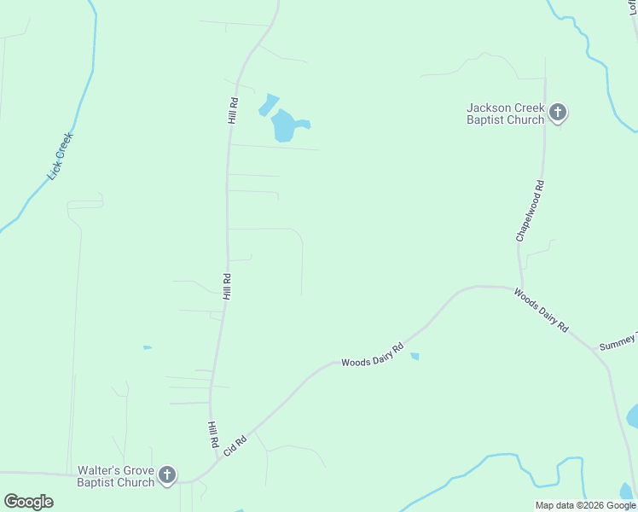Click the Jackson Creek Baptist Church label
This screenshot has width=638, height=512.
(505, 113)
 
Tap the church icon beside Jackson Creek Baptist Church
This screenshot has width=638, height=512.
(558, 112)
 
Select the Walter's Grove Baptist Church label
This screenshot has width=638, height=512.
(116, 476)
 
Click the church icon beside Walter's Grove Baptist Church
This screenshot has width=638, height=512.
(167, 474)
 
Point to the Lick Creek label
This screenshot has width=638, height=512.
(61, 155)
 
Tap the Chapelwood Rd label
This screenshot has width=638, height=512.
(529, 210)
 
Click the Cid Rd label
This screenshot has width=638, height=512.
(235, 445)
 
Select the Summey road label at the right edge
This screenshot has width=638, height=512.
(618, 341)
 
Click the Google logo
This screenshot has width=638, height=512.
(28, 501)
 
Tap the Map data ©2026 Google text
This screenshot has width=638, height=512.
(585, 505)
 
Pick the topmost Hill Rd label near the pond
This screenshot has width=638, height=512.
(232, 110)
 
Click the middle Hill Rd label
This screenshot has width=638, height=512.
(228, 286)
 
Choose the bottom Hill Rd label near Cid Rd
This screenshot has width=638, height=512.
(213, 434)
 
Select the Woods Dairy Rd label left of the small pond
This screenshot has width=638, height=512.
(372, 356)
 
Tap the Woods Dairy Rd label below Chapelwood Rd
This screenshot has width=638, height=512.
(541, 311)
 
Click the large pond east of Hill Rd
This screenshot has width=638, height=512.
(287, 126)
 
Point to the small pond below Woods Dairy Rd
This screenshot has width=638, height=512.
(415, 356)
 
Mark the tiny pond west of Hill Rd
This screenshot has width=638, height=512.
(147, 347)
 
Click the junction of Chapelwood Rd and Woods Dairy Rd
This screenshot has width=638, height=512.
(522, 288)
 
